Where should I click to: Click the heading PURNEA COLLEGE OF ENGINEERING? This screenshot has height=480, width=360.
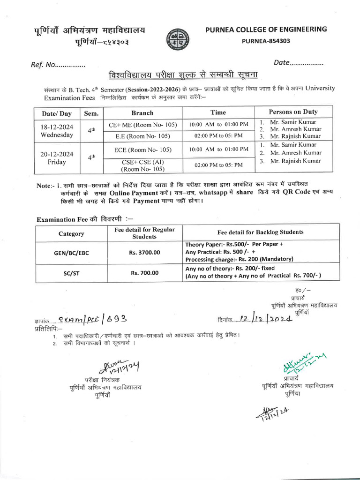266,30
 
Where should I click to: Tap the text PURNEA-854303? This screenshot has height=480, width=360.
266,41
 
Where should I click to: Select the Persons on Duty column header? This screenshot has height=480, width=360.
293,112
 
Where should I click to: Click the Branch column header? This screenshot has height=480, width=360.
142,113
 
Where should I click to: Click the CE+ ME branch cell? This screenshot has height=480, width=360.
142,125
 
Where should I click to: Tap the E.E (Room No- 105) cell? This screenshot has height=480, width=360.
142,136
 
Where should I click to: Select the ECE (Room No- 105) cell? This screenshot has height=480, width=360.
142,150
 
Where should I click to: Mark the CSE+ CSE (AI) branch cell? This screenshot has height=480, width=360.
142,165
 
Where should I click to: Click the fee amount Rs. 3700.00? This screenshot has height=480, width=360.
144,252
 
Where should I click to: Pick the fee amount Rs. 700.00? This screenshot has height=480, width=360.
144,272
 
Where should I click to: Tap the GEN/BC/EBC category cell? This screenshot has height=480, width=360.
71,253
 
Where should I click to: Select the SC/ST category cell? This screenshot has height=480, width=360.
71,273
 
